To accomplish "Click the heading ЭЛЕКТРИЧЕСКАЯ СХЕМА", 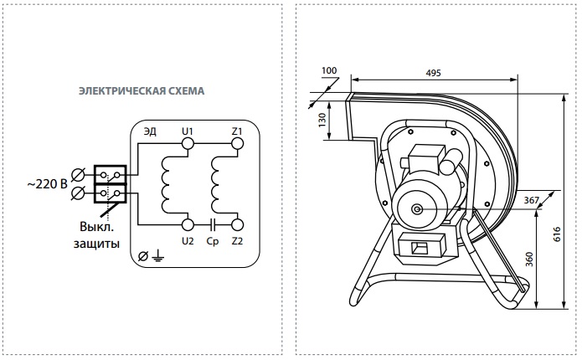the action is tap(142, 91).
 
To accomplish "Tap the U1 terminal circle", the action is tap(188, 143).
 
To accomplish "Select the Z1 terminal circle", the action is tap(237, 143).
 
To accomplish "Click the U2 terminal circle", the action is tap(188, 224).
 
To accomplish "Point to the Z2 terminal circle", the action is tap(237, 224).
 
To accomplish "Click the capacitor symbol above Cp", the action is tap(213, 224).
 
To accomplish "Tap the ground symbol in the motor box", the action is tap(157, 255).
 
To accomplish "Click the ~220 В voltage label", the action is tap(47, 183).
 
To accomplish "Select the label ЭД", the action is tap(150, 131).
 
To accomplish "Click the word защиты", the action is tap(96, 244).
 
